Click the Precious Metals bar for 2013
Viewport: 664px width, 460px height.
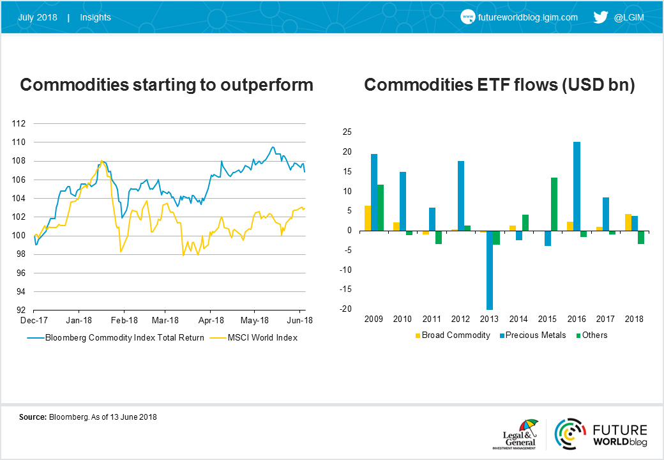(x=490, y=270)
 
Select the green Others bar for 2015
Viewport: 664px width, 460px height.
(x=554, y=204)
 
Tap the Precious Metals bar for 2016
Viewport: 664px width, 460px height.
(x=577, y=187)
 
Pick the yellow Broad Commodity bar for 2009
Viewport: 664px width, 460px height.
(x=368, y=218)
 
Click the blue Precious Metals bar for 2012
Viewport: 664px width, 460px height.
(x=461, y=196)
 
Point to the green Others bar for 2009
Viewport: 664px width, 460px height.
(x=381, y=208)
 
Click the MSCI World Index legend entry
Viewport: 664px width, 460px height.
(x=253, y=338)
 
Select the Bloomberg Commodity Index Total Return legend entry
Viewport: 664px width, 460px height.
(x=116, y=338)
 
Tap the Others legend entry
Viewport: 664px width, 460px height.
(x=592, y=335)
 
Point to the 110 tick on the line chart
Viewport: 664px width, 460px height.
(x=19, y=142)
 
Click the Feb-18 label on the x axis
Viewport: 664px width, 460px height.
(x=124, y=320)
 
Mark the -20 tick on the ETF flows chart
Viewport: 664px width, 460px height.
(x=346, y=309)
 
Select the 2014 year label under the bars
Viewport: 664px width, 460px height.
(x=518, y=319)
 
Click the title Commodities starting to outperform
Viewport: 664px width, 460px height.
(x=167, y=85)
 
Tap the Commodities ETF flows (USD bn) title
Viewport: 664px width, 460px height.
(x=499, y=85)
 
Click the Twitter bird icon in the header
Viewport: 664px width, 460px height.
(x=601, y=17)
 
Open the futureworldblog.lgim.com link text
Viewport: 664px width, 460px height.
(x=527, y=17)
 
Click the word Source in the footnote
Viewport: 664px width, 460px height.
(x=33, y=417)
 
